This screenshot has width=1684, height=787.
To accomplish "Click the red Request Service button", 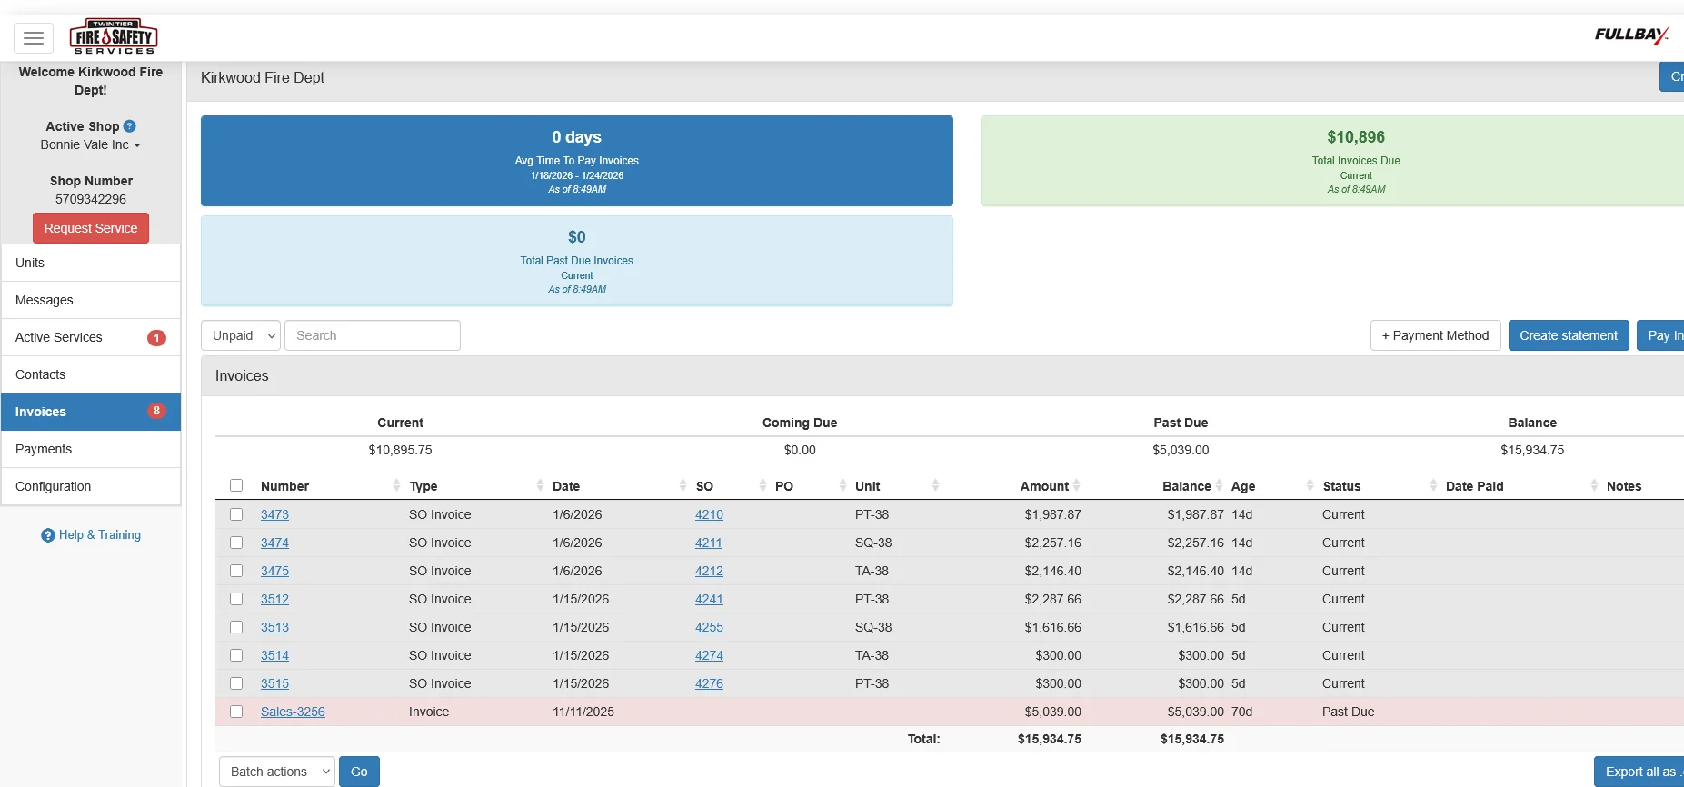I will point(91,228).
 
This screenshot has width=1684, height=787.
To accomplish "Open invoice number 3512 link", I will point(274,599).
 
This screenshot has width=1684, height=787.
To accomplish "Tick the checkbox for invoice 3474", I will point(236,543).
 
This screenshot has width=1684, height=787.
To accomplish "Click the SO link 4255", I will point(709,627).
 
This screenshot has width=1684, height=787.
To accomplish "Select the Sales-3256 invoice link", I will point(293,712).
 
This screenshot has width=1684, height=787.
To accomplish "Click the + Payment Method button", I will point(1435,335).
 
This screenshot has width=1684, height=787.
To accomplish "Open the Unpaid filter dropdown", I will point(241,335).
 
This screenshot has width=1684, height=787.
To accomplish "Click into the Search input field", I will point(373,335).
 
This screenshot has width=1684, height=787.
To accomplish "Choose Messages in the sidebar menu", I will point(45,300).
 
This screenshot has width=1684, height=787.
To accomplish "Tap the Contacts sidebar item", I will point(41,374).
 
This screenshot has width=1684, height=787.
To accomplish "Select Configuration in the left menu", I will point(54,486).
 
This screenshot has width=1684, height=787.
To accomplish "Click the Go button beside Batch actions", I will point(359,772).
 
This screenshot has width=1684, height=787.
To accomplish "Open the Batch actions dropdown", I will point(277,772).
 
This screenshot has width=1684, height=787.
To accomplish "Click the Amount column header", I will point(1044,486).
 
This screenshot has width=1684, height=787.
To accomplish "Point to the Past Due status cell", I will point(1348,712).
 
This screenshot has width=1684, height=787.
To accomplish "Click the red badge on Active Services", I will point(156,337).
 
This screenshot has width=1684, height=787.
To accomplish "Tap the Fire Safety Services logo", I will point(114,37).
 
